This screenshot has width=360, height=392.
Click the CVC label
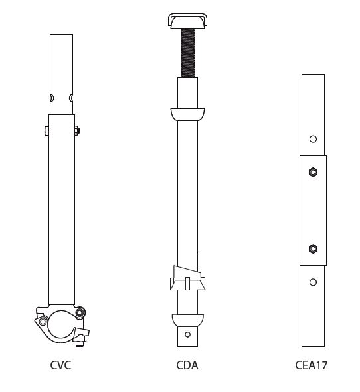click(x=60, y=365)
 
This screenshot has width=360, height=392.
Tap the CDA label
click(x=187, y=365)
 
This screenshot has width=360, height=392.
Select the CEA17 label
click(x=312, y=365)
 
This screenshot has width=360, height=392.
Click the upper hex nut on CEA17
click(x=313, y=172)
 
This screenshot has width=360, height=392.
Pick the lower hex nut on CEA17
click(x=313, y=248)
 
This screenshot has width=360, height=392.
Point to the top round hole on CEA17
click(x=313, y=139)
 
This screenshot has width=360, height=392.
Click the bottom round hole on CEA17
click(x=313, y=282)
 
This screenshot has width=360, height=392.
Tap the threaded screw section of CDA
click(x=187, y=52)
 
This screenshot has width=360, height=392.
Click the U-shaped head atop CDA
click(x=187, y=21)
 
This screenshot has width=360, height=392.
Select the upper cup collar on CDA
click(x=187, y=114)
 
